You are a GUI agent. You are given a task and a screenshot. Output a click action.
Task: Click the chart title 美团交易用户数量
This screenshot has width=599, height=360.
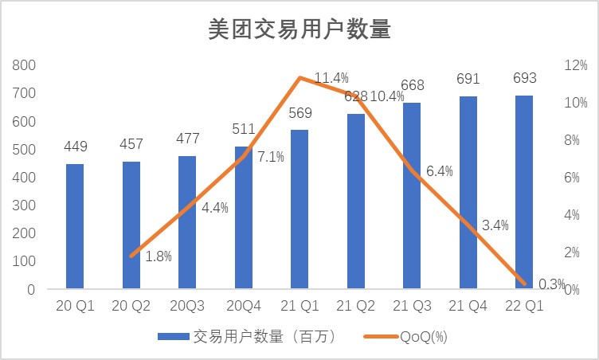point(299,30)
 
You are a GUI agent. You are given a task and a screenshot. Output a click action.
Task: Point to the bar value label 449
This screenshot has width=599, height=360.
point(75,147)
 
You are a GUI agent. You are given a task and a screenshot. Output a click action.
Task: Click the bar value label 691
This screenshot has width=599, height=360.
point(468,79)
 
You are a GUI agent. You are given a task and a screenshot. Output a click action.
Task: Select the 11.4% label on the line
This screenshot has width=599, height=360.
point(331,78)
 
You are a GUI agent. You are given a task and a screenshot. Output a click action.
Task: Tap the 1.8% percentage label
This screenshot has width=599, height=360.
point(159,256)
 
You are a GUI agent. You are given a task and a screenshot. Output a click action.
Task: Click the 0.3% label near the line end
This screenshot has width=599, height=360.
point(551,284)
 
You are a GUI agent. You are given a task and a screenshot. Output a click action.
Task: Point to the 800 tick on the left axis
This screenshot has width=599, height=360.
point(25,65)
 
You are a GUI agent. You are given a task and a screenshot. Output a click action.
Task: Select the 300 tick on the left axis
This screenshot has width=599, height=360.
point(25,205)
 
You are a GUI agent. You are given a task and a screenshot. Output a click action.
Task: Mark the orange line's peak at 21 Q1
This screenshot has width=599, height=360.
point(299,77)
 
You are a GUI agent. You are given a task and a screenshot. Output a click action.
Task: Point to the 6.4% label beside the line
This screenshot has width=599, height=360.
point(440,170)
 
